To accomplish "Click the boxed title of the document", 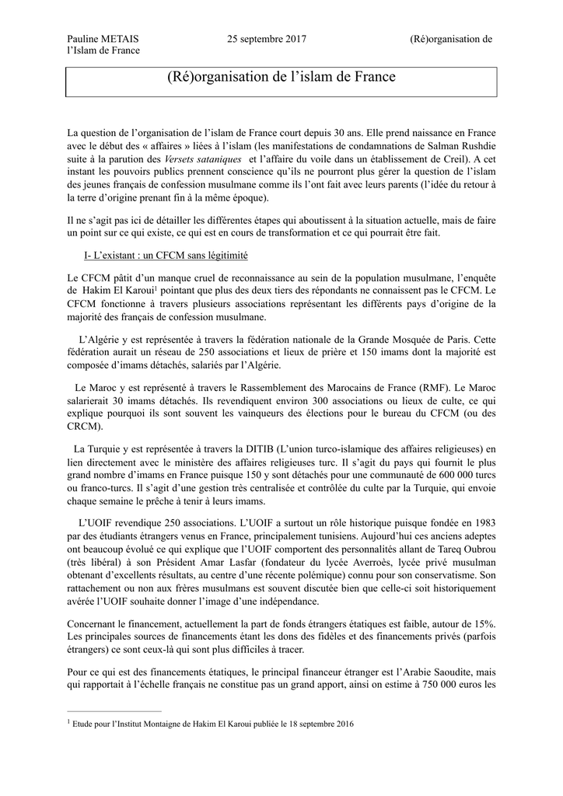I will click(281, 77).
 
